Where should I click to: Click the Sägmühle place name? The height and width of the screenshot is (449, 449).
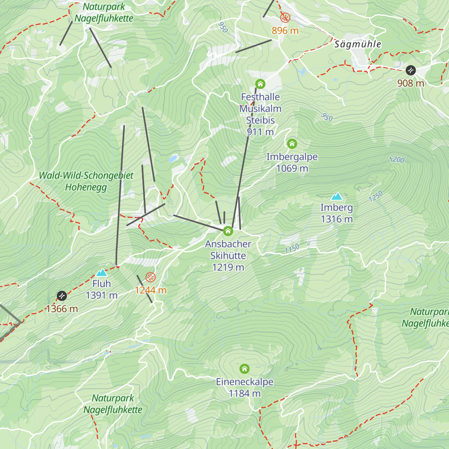click(x=357, y=44)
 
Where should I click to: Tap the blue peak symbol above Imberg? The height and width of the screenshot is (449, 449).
click(x=337, y=196)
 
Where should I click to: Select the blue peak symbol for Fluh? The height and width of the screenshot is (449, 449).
click(x=101, y=273)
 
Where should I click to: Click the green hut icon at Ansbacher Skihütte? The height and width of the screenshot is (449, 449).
click(x=228, y=231)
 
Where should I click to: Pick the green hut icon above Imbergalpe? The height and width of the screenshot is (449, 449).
click(x=292, y=143)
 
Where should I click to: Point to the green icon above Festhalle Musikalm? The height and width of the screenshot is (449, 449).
click(x=260, y=83)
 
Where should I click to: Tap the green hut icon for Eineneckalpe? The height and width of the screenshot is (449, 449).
click(x=244, y=369)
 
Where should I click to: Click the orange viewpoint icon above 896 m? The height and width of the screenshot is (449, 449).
click(x=285, y=17)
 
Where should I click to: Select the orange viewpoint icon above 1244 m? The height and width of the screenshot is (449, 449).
click(x=150, y=277)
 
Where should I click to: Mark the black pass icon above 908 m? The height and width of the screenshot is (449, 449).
click(x=410, y=70)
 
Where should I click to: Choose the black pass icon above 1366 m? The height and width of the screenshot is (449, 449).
click(x=62, y=296)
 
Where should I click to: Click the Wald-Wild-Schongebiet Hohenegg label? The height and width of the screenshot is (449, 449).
click(x=86, y=181)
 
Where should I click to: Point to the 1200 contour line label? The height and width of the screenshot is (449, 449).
click(x=397, y=160)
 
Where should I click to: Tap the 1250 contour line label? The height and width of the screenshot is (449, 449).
click(x=376, y=196)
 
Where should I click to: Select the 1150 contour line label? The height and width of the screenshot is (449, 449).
click(x=292, y=248)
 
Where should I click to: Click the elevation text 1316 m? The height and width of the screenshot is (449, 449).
click(x=337, y=219)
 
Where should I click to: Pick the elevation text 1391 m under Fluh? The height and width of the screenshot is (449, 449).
click(x=101, y=296)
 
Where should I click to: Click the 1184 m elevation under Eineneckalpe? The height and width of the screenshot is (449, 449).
click(x=244, y=393)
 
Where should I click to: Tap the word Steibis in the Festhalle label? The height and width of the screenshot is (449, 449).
click(x=260, y=120)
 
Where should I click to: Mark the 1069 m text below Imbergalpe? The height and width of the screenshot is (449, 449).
click(x=292, y=168)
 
